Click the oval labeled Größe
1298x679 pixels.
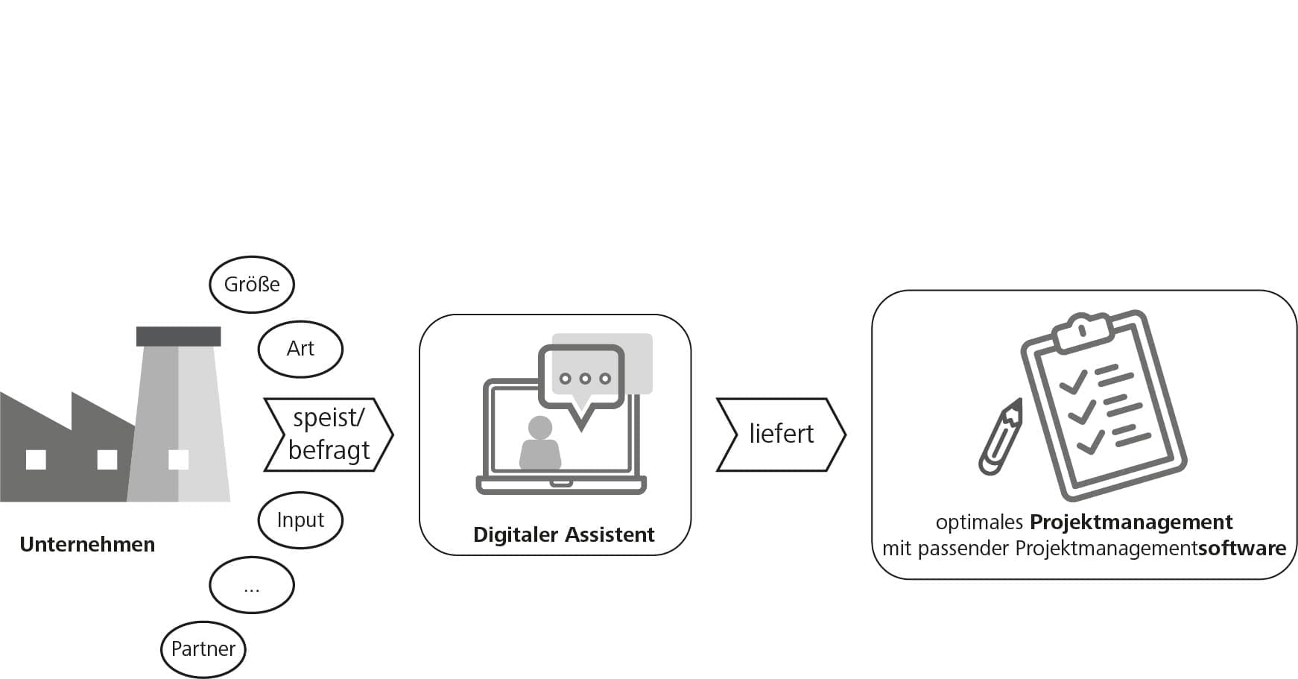[252, 284]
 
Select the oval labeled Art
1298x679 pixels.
[300, 348]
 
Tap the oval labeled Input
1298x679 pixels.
[300, 519]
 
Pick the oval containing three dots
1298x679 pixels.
[252, 585]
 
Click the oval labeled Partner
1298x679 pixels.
[203, 649]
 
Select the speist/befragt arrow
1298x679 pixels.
[329, 435]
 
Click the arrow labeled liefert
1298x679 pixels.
[781, 435]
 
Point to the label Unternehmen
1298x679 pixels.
[87, 545]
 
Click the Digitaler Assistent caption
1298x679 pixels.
[563, 534]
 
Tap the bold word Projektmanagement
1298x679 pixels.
[1130, 522]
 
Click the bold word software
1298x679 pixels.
[1241, 549]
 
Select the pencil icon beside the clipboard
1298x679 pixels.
[1001, 438]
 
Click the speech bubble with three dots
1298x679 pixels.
[582, 379]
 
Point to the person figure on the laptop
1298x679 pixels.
[540, 444]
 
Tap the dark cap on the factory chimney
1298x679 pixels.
[179, 336]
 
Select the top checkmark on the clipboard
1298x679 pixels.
[1074, 382]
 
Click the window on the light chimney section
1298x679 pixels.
[179, 460]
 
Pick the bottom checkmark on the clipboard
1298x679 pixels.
[1090, 443]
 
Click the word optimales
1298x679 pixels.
[979, 522]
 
